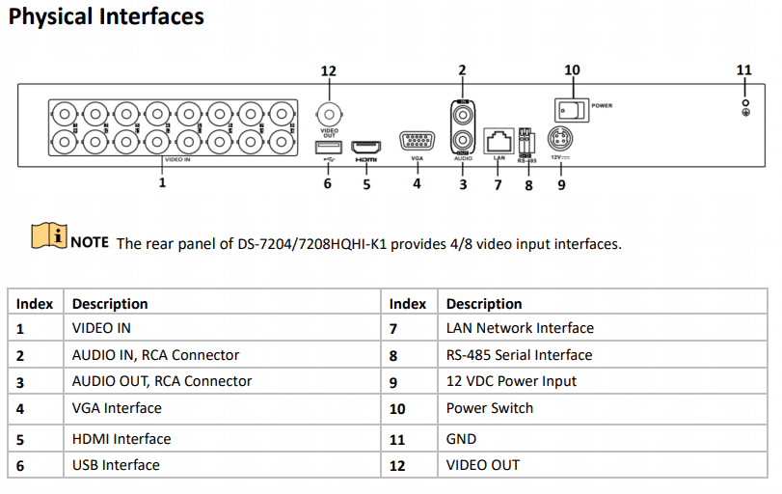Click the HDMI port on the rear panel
365,147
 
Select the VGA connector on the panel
417,142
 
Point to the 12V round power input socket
559,137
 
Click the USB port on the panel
327,147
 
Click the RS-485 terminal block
526,139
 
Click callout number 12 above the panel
329,70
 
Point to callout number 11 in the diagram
743,70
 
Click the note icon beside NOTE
48,234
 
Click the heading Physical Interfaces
106,16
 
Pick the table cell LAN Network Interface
520,328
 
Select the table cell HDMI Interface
121,439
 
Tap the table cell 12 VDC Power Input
511,381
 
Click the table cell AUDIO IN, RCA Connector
155,355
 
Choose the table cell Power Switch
489,408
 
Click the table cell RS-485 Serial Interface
519,355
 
